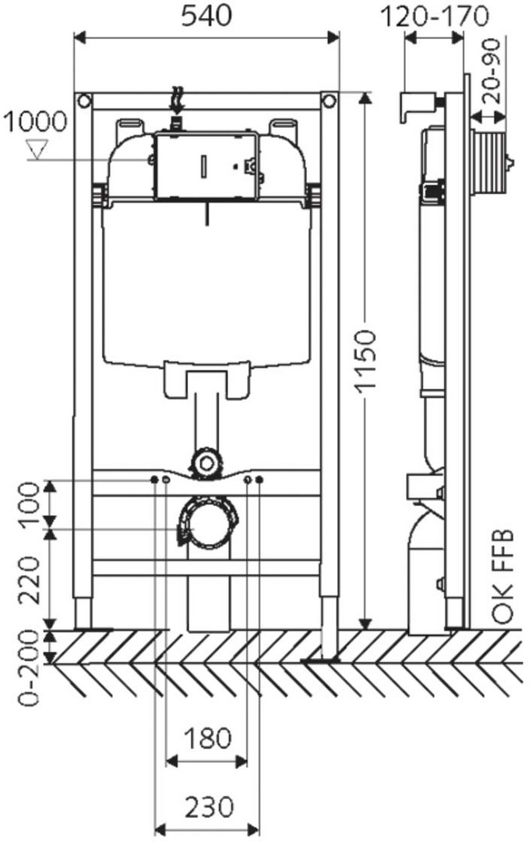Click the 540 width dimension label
click(206, 16)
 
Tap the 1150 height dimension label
click(367, 363)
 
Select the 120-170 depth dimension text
click(435, 16)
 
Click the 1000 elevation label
click(35, 122)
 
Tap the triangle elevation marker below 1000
click(38, 149)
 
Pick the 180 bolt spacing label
click(208, 739)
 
